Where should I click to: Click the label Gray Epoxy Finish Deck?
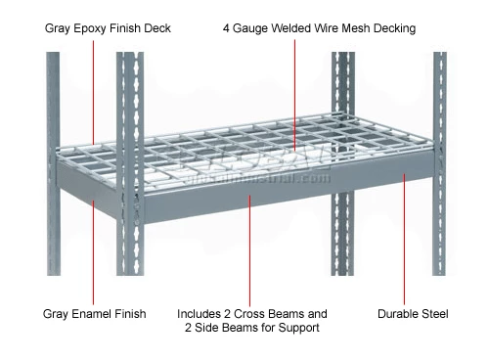click(x=108, y=28)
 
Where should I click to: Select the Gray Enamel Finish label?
click(x=94, y=314)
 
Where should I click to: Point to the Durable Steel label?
click(x=413, y=314)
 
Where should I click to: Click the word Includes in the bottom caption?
click(x=200, y=314)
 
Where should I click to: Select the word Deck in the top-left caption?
click(x=156, y=28)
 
